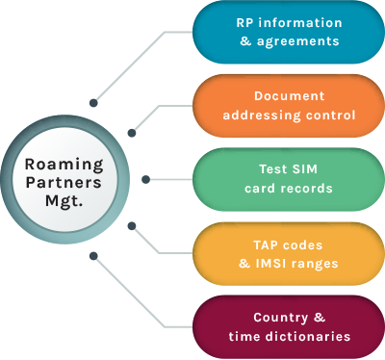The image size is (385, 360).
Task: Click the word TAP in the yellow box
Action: pyautogui.click(x=272, y=244)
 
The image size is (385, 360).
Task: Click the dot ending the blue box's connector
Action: pyautogui.click(x=93, y=101)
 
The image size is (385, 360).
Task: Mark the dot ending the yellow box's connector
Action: pyautogui.click(x=132, y=227)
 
